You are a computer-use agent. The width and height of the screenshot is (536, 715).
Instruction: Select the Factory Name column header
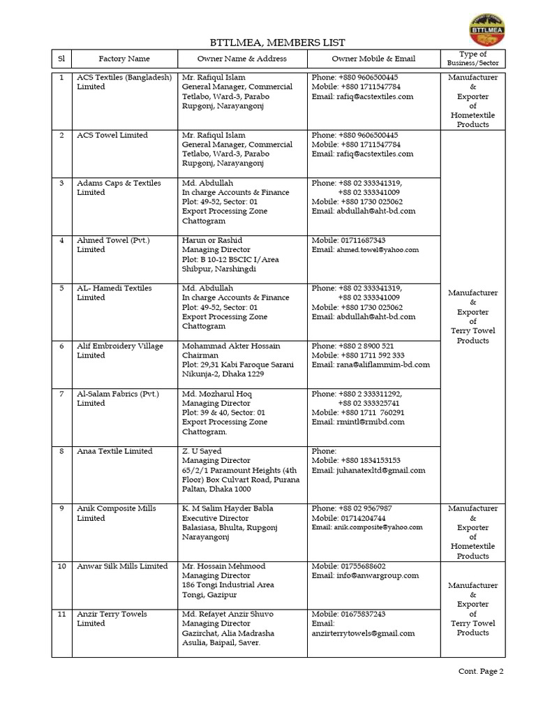coord(124,59)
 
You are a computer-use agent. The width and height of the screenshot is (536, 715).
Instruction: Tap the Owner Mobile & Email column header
coord(373,59)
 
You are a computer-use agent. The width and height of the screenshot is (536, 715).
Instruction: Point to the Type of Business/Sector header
coord(473,59)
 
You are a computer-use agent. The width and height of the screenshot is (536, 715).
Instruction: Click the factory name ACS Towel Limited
coord(112,135)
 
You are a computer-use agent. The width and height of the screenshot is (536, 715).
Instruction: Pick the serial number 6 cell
coord(61,346)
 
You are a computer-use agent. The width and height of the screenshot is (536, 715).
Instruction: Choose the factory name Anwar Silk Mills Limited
coord(122,566)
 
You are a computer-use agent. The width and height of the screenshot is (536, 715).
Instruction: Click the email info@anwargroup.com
coord(365,575)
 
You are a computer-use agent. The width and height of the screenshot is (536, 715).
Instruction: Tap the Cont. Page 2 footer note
coord(480,672)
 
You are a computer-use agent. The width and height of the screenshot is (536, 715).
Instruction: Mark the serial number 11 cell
coord(61,614)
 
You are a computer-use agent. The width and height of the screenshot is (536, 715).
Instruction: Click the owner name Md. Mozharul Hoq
coord(216,394)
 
